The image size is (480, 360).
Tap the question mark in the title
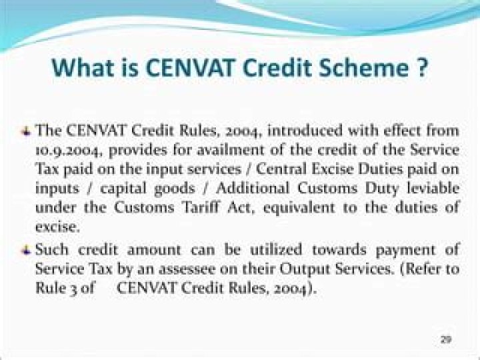[421, 67]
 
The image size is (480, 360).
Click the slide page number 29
[446, 339]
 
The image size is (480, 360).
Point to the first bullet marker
[26, 132]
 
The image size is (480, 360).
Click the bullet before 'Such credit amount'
[26, 251]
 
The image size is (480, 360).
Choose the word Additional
[253, 187]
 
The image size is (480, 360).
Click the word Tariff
[201, 207]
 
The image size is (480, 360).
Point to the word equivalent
[299, 208]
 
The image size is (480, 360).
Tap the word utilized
[276, 249]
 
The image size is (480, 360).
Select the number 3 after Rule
[75, 289]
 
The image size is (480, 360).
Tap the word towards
[339, 249]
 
